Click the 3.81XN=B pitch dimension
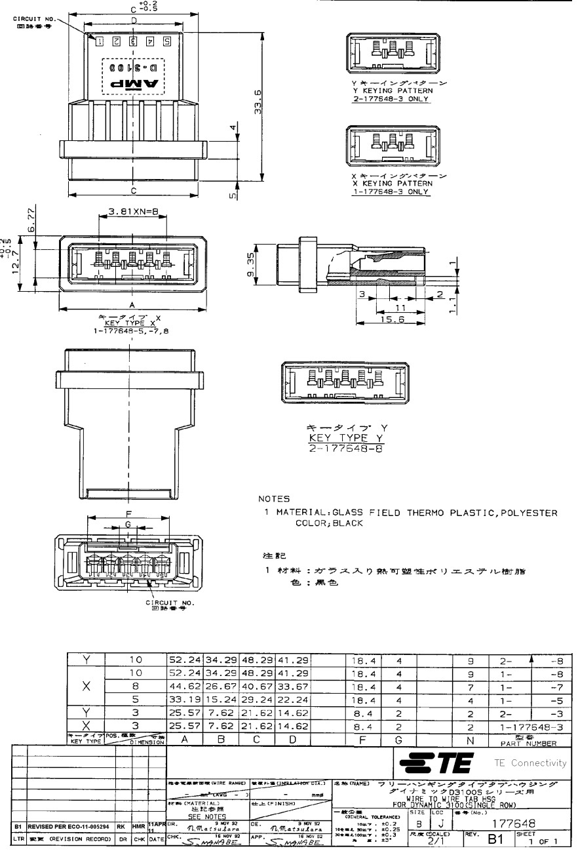[128, 212]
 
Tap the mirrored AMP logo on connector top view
[133, 83]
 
